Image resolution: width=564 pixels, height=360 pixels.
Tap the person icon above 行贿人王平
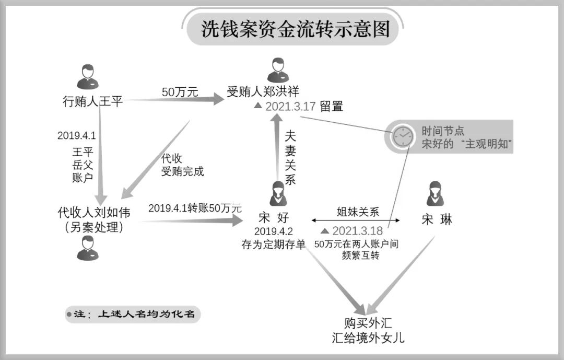tap(87, 77)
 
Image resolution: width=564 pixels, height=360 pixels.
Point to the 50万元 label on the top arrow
tap(180, 92)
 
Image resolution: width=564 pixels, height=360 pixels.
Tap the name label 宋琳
tap(437, 219)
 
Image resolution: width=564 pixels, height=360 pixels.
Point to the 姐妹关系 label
tap(357, 212)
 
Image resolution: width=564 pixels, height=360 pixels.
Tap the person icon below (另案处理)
tap(87, 248)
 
